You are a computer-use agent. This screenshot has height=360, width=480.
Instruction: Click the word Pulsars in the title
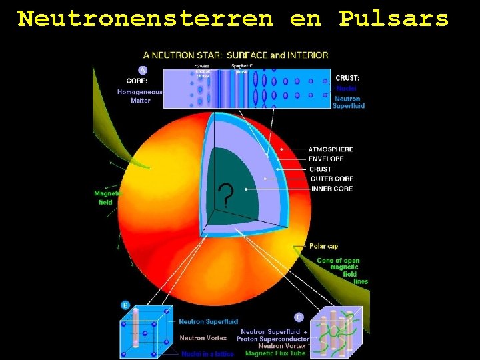coord(393,19)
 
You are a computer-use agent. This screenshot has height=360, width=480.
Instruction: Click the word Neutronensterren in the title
coord(145,19)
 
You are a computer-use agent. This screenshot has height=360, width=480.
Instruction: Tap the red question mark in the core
coord(226,196)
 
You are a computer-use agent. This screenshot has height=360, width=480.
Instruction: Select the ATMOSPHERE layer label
coord(331,149)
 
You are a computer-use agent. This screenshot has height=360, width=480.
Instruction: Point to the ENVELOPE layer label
coord(326,159)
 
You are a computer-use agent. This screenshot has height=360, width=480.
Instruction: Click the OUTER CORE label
coord(331,179)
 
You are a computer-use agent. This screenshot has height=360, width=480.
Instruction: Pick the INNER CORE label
coord(331,189)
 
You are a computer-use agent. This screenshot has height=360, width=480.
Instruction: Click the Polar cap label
coord(323,246)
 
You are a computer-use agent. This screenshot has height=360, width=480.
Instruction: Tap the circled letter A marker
coord(143,70)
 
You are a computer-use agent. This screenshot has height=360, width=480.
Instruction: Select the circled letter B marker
coord(125,305)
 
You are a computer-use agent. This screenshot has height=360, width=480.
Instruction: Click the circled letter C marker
coord(299,317)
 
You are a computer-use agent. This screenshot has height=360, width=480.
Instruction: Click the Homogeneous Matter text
coord(140,96)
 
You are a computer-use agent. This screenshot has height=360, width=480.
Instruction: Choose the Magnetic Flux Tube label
coord(275,353)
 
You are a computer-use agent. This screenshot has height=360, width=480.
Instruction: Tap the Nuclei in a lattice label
coord(207,353)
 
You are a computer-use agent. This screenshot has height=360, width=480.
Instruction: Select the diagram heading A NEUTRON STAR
coord(235,55)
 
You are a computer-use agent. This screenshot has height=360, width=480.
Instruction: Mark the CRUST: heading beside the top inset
coord(347,78)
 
